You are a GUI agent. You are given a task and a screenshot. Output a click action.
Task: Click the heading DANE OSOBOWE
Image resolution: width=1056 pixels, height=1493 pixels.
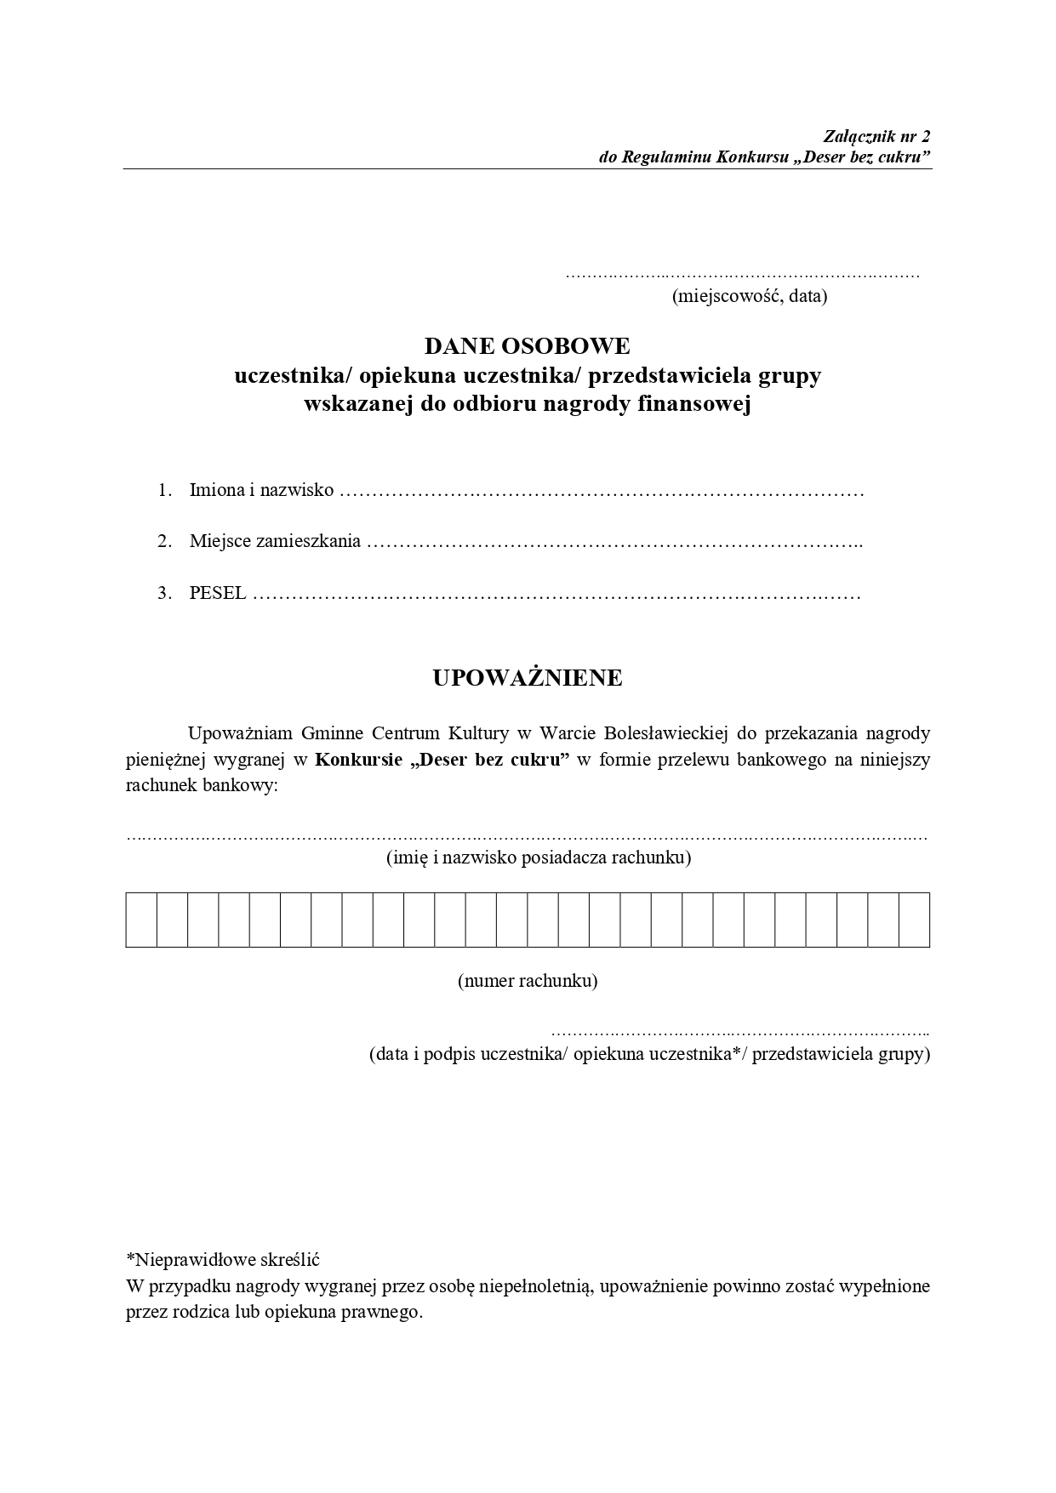pyautogui.click(x=528, y=346)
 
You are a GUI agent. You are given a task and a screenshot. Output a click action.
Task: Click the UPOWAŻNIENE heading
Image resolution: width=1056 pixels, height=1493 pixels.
pyautogui.click(x=528, y=678)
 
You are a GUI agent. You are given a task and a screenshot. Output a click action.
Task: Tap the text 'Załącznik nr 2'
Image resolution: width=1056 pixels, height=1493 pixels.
pyautogui.click(x=877, y=136)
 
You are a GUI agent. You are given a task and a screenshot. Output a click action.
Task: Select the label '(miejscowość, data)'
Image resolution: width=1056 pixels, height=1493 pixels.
pyautogui.click(x=750, y=297)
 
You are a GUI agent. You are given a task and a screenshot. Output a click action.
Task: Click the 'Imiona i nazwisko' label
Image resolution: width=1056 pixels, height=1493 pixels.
pyautogui.click(x=261, y=491)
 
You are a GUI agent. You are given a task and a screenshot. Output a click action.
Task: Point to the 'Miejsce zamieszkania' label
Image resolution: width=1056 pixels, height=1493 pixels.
pyautogui.click(x=275, y=541)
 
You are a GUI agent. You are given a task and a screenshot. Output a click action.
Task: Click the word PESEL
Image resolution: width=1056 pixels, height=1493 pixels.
pyautogui.click(x=218, y=593)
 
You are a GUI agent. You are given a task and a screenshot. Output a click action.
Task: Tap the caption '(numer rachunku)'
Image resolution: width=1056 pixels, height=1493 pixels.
pyautogui.click(x=528, y=981)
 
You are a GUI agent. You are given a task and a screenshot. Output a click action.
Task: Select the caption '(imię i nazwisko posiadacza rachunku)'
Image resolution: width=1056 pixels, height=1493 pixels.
pyautogui.click(x=539, y=858)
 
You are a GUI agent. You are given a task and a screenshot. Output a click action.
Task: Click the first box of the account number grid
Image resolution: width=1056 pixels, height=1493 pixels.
pyautogui.click(x=141, y=920)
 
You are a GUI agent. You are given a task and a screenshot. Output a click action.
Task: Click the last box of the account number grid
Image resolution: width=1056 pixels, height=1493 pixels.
pyautogui.click(x=914, y=920)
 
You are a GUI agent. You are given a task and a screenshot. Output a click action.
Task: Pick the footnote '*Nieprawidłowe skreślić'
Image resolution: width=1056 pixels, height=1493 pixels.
pyautogui.click(x=222, y=1259)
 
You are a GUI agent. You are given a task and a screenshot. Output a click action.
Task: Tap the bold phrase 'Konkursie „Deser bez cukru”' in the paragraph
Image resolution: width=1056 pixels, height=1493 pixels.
pyautogui.click(x=442, y=760)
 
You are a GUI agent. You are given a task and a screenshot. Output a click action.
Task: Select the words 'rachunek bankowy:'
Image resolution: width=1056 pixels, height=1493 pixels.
pyautogui.click(x=203, y=786)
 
